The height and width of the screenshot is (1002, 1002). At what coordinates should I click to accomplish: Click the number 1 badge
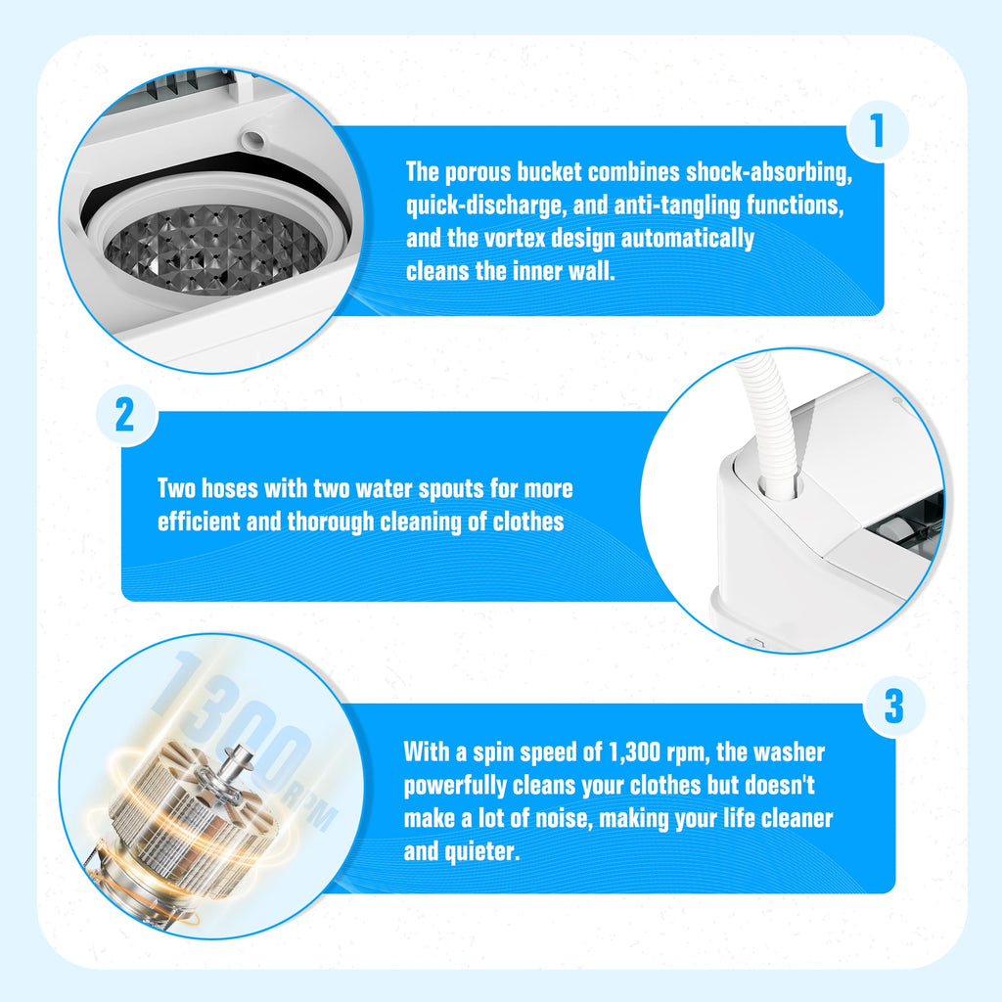pyautogui.click(x=878, y=131)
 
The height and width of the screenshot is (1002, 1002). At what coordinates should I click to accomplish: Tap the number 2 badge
pyautogui.click(x=126, y=415)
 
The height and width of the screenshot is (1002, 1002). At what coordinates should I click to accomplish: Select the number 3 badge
pyautogui.click(x=894, y=706)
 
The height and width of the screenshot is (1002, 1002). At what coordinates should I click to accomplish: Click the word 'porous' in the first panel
pyautogui.click(x=478, y=172)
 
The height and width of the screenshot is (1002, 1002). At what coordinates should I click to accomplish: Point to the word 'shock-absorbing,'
pyautogui.click(x=769, y=172)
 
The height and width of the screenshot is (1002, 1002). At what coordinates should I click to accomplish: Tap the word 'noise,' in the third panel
pyautogui.click(x=564, y=819)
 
